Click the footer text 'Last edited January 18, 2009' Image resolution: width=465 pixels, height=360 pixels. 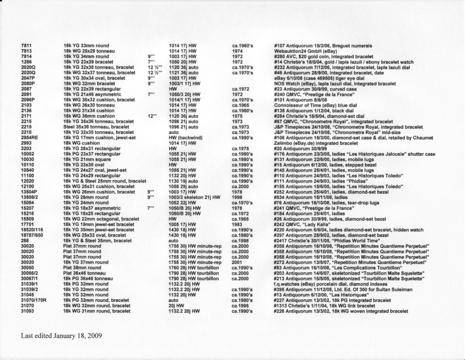pos(61,336)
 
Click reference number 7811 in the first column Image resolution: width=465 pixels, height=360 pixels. pos(26,46)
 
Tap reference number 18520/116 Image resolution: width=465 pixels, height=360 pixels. pos(32,230)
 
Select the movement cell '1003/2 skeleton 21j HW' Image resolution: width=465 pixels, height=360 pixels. pos(195,197)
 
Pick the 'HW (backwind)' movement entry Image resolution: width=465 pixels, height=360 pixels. pos(186,138)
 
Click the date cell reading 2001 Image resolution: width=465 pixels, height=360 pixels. pos(237,262)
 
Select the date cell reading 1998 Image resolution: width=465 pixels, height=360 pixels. pos(237,197)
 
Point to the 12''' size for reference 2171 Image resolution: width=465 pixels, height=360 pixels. pos(152,116)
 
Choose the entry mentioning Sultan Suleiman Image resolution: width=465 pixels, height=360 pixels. pos(343,289)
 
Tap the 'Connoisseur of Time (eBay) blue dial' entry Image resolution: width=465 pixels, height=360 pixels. pos(315,105)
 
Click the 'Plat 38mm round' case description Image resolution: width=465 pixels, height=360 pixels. pos(82,268)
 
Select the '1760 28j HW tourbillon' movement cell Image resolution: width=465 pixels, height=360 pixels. pos(194,268)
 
